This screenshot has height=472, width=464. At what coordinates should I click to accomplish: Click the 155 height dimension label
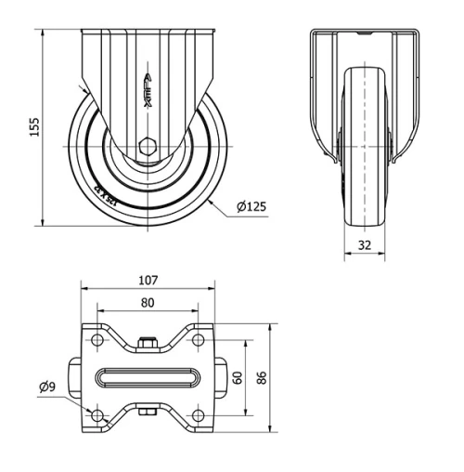point(34,126)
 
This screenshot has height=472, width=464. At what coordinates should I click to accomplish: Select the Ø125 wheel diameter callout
point(251,206)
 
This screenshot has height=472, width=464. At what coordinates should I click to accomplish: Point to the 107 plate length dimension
point(148,279)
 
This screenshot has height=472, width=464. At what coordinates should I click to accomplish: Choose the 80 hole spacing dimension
point(148,302)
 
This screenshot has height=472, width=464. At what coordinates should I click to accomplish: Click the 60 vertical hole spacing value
point(238,377)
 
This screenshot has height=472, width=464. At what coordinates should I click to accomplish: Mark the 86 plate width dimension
point(263,377)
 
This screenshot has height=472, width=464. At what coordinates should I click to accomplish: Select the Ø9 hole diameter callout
point(49,387)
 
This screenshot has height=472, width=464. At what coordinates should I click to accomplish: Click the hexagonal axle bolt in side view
point(148,146)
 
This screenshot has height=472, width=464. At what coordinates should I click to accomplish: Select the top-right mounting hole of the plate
point(197,342)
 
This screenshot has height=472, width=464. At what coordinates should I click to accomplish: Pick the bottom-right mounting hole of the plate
point(197,413)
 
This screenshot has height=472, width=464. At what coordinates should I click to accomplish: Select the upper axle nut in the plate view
point(148,345)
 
